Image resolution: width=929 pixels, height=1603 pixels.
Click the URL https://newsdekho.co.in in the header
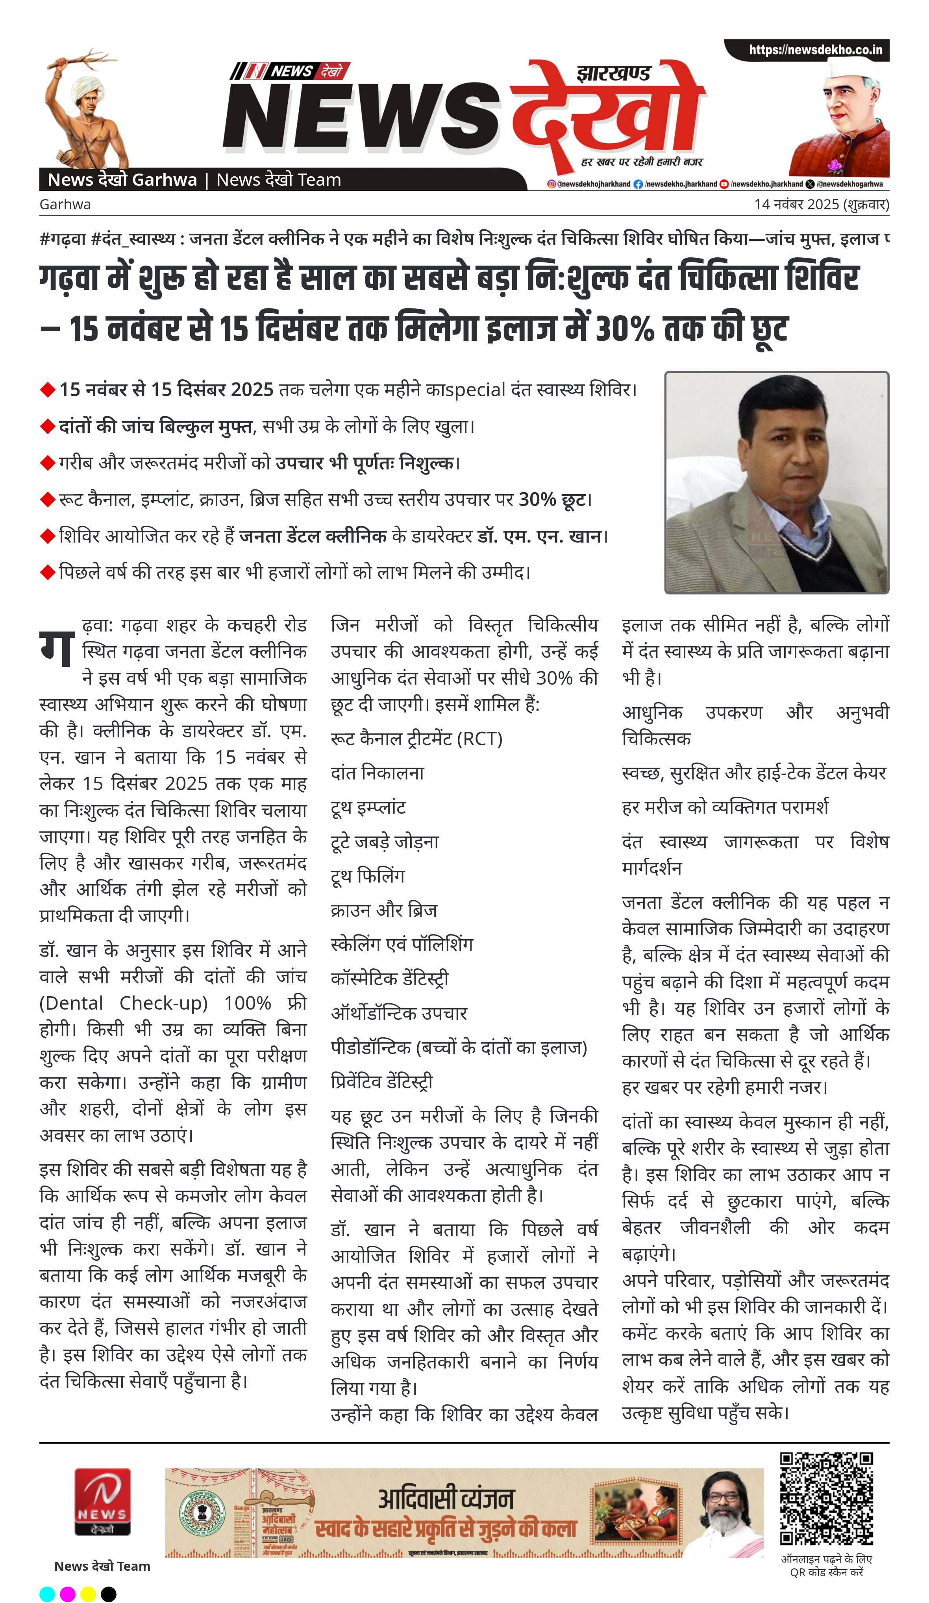[815, 50]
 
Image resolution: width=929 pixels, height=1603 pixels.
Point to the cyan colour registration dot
[47, 1594]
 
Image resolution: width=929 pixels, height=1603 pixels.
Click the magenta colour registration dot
[67, 1594]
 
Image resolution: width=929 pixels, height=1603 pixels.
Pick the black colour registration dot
[109, 1594]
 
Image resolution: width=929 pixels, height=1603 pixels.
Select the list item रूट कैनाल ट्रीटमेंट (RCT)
[416, 739]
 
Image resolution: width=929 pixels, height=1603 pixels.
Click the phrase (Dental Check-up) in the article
[124, 1003]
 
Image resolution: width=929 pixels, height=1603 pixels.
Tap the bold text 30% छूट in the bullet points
[551, 499]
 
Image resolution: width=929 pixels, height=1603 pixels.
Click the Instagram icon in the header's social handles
[551, 184]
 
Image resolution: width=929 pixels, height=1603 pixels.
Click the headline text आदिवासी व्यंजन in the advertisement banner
[446, 1499]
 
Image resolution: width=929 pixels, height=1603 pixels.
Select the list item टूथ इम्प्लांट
[368, 808]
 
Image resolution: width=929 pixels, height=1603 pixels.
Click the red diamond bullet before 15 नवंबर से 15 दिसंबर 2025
[48, 389]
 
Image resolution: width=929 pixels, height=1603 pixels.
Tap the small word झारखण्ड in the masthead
[613, 74]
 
